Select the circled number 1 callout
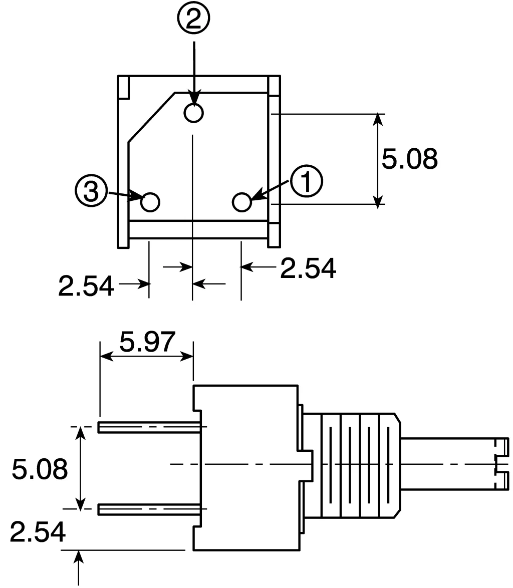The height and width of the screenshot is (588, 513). (x=307, y=181)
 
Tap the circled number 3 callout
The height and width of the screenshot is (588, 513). (x=91, y=192)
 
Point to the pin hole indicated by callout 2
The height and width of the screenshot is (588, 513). (x=193, y=113)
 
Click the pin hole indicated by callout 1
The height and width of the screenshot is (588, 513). (x=242, y=202)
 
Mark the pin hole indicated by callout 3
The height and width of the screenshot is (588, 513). (x=150, y=202)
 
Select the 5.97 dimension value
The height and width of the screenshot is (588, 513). (x=147, y=342)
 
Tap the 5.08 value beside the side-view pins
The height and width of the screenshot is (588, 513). (x=39, y=469)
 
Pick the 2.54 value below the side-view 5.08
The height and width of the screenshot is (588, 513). (x=38, y=532)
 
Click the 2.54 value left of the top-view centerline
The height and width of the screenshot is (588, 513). (x=86, y=286)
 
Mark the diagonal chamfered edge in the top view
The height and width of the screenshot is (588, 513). (x=151, y=117)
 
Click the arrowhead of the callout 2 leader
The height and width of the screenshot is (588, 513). (x=193, y=99)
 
